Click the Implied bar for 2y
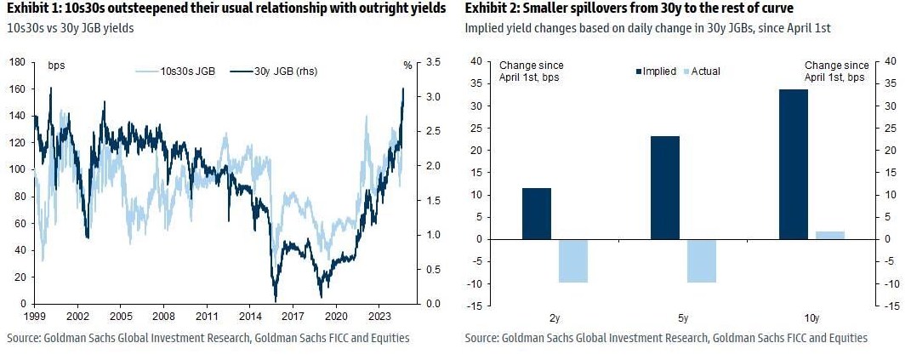pos(537,214)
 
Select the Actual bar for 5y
pos(703,260)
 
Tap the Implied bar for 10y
pos(794,164)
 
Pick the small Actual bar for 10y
pos(830,235)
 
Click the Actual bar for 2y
pos(572,260)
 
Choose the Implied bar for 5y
pos(665,187)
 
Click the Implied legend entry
pos(654,71)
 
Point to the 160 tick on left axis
pos(15,89)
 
